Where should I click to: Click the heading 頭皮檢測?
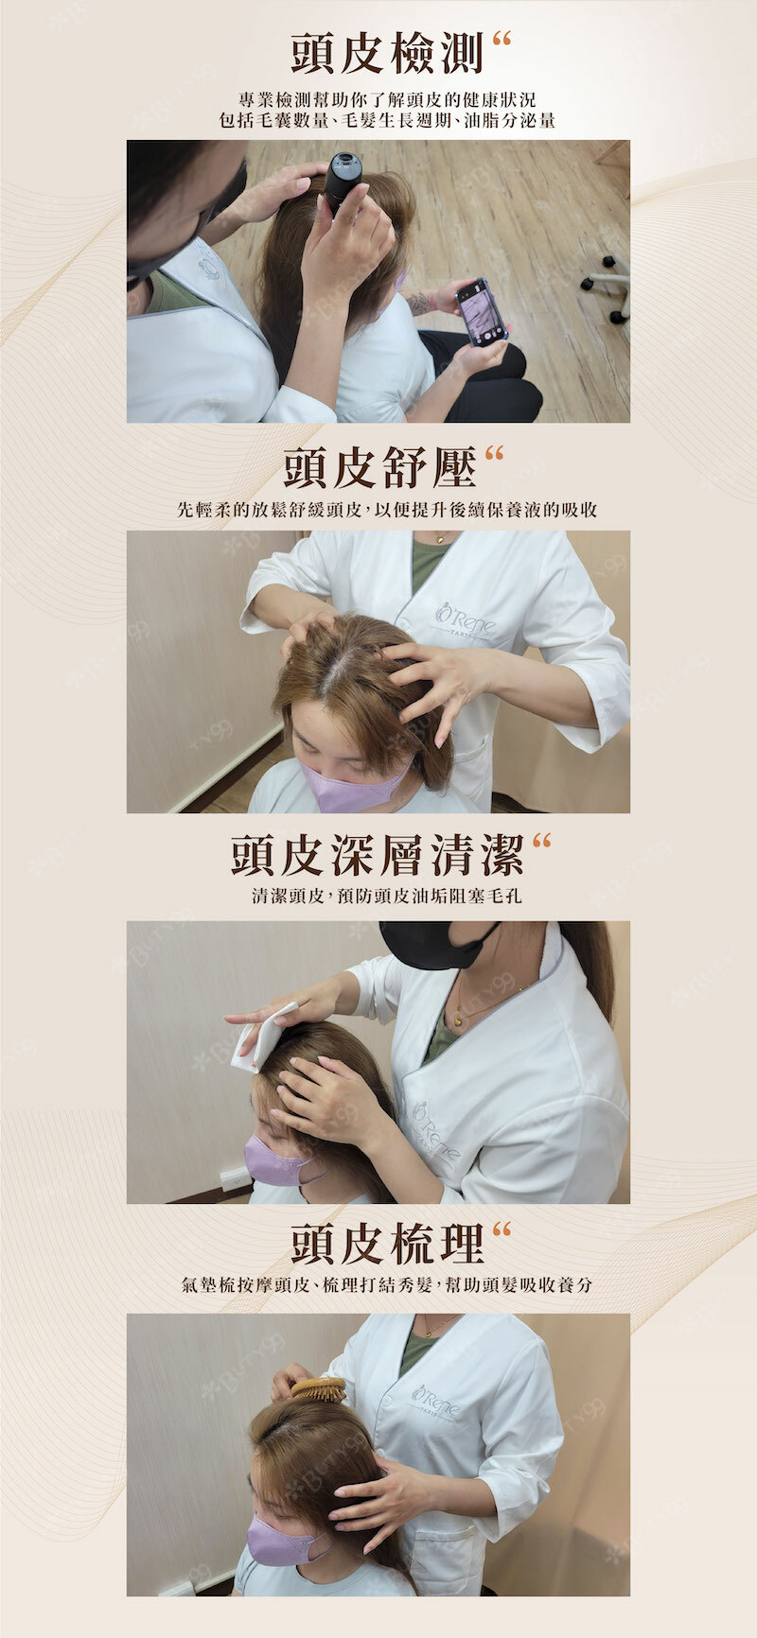(x=387, y=53)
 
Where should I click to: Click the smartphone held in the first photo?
(x=482, y=311)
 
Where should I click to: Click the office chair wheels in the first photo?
(x=607, y=288)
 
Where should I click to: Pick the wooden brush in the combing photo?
(x=318, y=1389)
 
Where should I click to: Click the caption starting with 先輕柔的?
(x=387, y=510)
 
